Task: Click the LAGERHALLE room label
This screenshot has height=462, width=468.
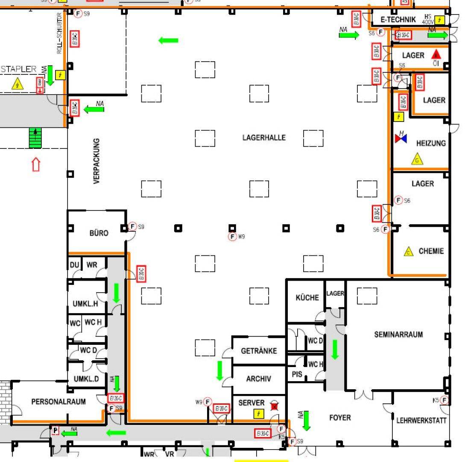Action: point(264,138)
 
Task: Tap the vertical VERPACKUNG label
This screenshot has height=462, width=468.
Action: point(97,161)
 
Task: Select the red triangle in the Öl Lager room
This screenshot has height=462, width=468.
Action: point(436,54)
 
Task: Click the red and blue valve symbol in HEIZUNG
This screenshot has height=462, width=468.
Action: point(401,138)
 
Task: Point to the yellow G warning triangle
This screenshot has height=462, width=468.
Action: point(417,160)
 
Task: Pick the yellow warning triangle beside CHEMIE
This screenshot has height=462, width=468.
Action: point(409,252)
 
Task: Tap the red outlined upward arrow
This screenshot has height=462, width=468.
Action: point(36,164)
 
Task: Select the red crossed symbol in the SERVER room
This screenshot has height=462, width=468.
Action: point(274,407)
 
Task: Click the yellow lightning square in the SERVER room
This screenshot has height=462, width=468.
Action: point(258,413)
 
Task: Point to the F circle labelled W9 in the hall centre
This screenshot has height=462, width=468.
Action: point(232,237)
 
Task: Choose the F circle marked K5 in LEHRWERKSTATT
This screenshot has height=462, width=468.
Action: point(445,400)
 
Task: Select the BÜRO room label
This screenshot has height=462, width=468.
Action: point(99,233)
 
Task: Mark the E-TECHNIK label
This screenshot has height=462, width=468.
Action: point(398,19)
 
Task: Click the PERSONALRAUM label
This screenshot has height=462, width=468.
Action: point(58,402)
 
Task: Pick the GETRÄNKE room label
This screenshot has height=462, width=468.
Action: point(259,351)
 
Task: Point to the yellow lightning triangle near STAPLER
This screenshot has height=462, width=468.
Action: point(18,84)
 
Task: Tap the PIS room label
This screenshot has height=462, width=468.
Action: point(297,374)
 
